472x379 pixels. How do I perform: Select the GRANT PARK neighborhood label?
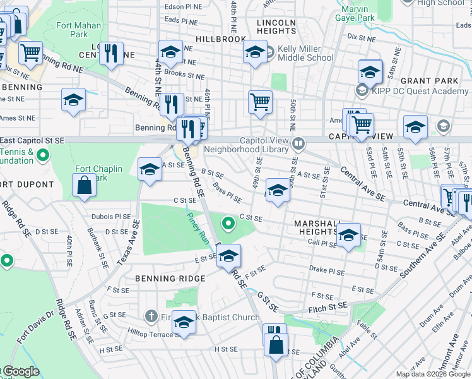tap(429, 81)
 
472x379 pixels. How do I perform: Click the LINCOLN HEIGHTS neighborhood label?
tap(276, 27)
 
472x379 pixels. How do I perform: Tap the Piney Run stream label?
tap(197, 226)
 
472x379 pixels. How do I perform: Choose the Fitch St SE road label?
tap(328, 306)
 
